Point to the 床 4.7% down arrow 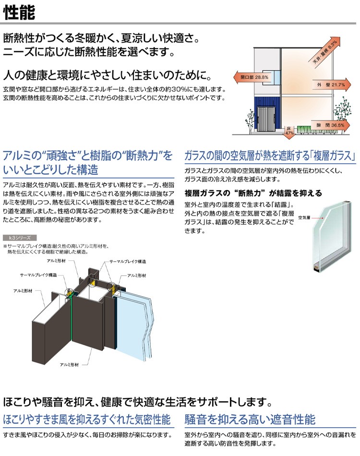point(289,131)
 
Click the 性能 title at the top point(20,12)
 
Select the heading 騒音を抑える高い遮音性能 point(250,420)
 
